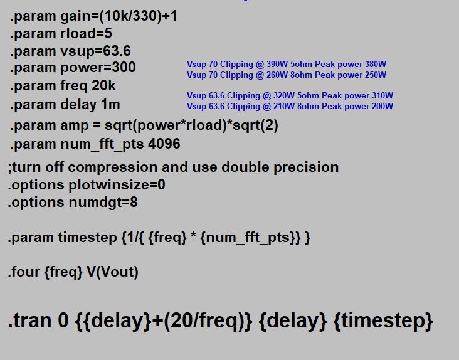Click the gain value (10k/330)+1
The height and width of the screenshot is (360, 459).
click(138, 16)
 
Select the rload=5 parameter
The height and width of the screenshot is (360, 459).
click(86, 33)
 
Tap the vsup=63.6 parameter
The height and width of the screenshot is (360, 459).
click(95, 51)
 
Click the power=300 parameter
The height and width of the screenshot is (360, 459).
click(98, 68)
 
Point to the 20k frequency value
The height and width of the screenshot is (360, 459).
click(103, 85)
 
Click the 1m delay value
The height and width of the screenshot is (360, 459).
click(110, 104)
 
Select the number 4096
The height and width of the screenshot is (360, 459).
click(164, 144)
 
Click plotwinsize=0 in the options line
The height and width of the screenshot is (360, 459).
click(117, 185)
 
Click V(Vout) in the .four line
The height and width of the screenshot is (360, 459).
click(112, 272)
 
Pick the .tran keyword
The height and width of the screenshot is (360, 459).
click(31, 320)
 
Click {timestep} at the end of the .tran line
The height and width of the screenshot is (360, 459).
click(383, 321)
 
